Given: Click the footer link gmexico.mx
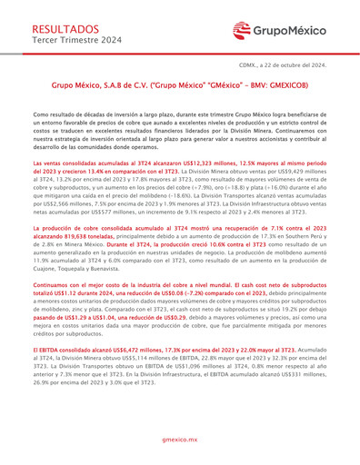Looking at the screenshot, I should pos(179,439).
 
